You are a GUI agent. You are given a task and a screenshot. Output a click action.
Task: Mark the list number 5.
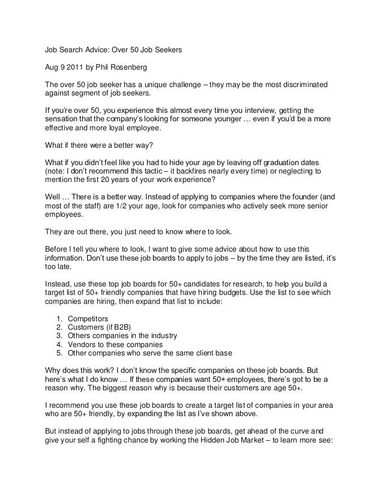coord(58,354)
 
